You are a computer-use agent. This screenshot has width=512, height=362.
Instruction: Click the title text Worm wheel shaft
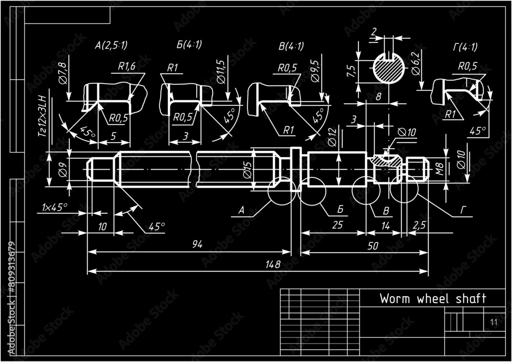[433, 299]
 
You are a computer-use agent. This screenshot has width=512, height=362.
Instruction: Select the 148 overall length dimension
[273, 264]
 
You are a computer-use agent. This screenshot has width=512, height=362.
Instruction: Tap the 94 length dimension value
[197, 245]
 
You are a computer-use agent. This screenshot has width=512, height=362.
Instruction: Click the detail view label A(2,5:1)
[111, 46]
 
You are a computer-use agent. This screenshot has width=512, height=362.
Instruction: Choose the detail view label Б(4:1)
[189, 44]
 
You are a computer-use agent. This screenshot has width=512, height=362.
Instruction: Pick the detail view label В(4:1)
[291, 46]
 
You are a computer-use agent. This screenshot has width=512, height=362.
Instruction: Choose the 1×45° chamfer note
[55, 207]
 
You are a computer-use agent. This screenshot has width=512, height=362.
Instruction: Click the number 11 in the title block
[494, 322]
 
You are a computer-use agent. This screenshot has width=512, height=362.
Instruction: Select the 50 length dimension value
[373, 246]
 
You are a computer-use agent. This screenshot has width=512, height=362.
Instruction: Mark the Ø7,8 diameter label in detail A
[61, 73]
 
